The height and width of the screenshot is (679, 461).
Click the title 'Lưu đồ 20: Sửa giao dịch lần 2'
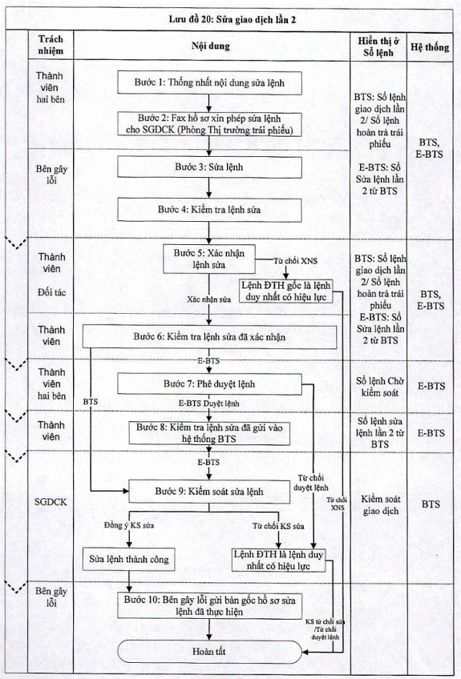[x=232, y=19]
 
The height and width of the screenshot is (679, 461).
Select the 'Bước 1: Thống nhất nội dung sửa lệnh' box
[x=209, y=82]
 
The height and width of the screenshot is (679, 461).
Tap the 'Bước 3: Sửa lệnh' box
[x=209, y=167]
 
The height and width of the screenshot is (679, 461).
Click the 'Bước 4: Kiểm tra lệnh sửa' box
[x=209, y=210]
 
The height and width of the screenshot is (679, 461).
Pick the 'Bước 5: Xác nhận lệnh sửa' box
[x=209, y=259]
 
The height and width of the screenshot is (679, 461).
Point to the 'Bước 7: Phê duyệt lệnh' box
[x=209, y=384]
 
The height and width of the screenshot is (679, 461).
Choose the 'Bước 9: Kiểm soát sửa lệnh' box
[x=209, y=492]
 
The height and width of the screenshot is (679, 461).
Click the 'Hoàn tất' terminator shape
[x=209, y=651]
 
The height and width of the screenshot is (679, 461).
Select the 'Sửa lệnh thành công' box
[x=129, y=559]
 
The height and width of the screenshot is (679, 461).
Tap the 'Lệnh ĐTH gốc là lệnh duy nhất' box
[x=286, y=291]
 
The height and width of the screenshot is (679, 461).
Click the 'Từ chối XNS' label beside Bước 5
[x=295, y=261]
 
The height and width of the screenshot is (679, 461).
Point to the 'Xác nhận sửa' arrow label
[x=209, y=299]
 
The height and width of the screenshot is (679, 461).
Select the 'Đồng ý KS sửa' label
[x=129, y=525]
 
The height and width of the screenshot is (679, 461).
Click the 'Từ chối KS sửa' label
[x=278, y=526]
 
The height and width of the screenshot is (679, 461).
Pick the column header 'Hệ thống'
[x=430, y=46]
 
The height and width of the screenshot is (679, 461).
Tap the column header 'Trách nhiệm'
[x=51, y=45]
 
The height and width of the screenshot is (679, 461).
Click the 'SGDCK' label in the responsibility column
[x=51, y=502]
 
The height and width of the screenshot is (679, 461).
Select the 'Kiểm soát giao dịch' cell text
[x=380, y=505]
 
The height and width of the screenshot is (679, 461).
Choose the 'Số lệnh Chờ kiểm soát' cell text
[x=380, y=387]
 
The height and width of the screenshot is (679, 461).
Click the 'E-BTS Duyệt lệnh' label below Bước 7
[x=209, y=404]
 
